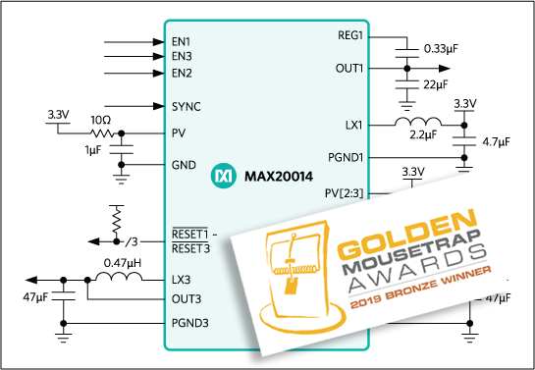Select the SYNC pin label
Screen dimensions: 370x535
coord(185,105)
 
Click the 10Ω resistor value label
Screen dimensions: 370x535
coord(100,119)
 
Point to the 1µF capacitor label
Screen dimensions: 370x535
coord(93,149)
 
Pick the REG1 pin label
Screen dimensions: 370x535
coord(349,36)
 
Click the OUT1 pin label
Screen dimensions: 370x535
coord(349,69)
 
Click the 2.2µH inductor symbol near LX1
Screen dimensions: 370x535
coord(416,124)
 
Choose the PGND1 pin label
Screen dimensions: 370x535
coord(345,156)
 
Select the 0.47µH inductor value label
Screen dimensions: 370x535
coord(122,262)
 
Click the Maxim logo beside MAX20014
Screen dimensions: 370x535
coord(223,178)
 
